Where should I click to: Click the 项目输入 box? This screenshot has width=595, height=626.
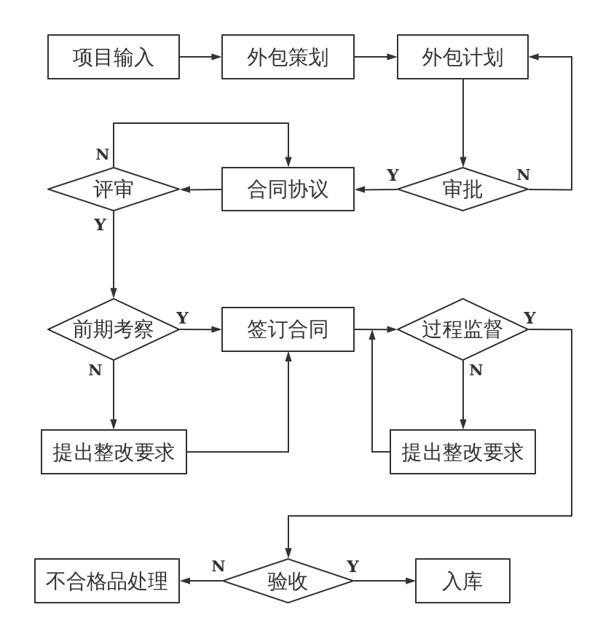click(114, 57)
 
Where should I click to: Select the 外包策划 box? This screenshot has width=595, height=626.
click(288, 57)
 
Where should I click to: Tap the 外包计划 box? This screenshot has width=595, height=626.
click(462, 57)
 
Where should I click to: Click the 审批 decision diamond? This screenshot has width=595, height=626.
click(462, 189)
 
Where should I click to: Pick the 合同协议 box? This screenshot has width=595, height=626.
click(288, 189)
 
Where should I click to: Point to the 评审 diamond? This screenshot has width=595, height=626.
click(114, 189)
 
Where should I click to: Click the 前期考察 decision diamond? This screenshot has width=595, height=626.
click(114, 329)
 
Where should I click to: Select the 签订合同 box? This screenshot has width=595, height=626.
click(288, 329)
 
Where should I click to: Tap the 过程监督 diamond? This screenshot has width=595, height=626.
click(462, 329)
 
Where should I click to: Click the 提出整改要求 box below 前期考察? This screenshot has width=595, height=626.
click(114, 452)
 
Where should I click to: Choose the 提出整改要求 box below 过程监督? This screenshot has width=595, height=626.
click(462, 452)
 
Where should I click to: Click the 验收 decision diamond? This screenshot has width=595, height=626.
click(288, 581)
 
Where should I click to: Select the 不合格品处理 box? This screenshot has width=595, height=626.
click(107, 581)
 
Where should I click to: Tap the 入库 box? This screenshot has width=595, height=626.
click(462, 581)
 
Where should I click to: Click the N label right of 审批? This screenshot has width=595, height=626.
click(523, 175)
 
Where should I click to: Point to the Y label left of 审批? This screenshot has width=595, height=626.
click(393, 175)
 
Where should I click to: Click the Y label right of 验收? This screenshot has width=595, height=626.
click(352, 566)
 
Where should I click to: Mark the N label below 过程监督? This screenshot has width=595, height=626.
click(476, 370)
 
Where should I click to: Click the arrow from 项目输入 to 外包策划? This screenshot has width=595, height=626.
click(200, 57)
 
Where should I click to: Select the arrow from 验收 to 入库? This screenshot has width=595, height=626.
click(384, 581)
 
